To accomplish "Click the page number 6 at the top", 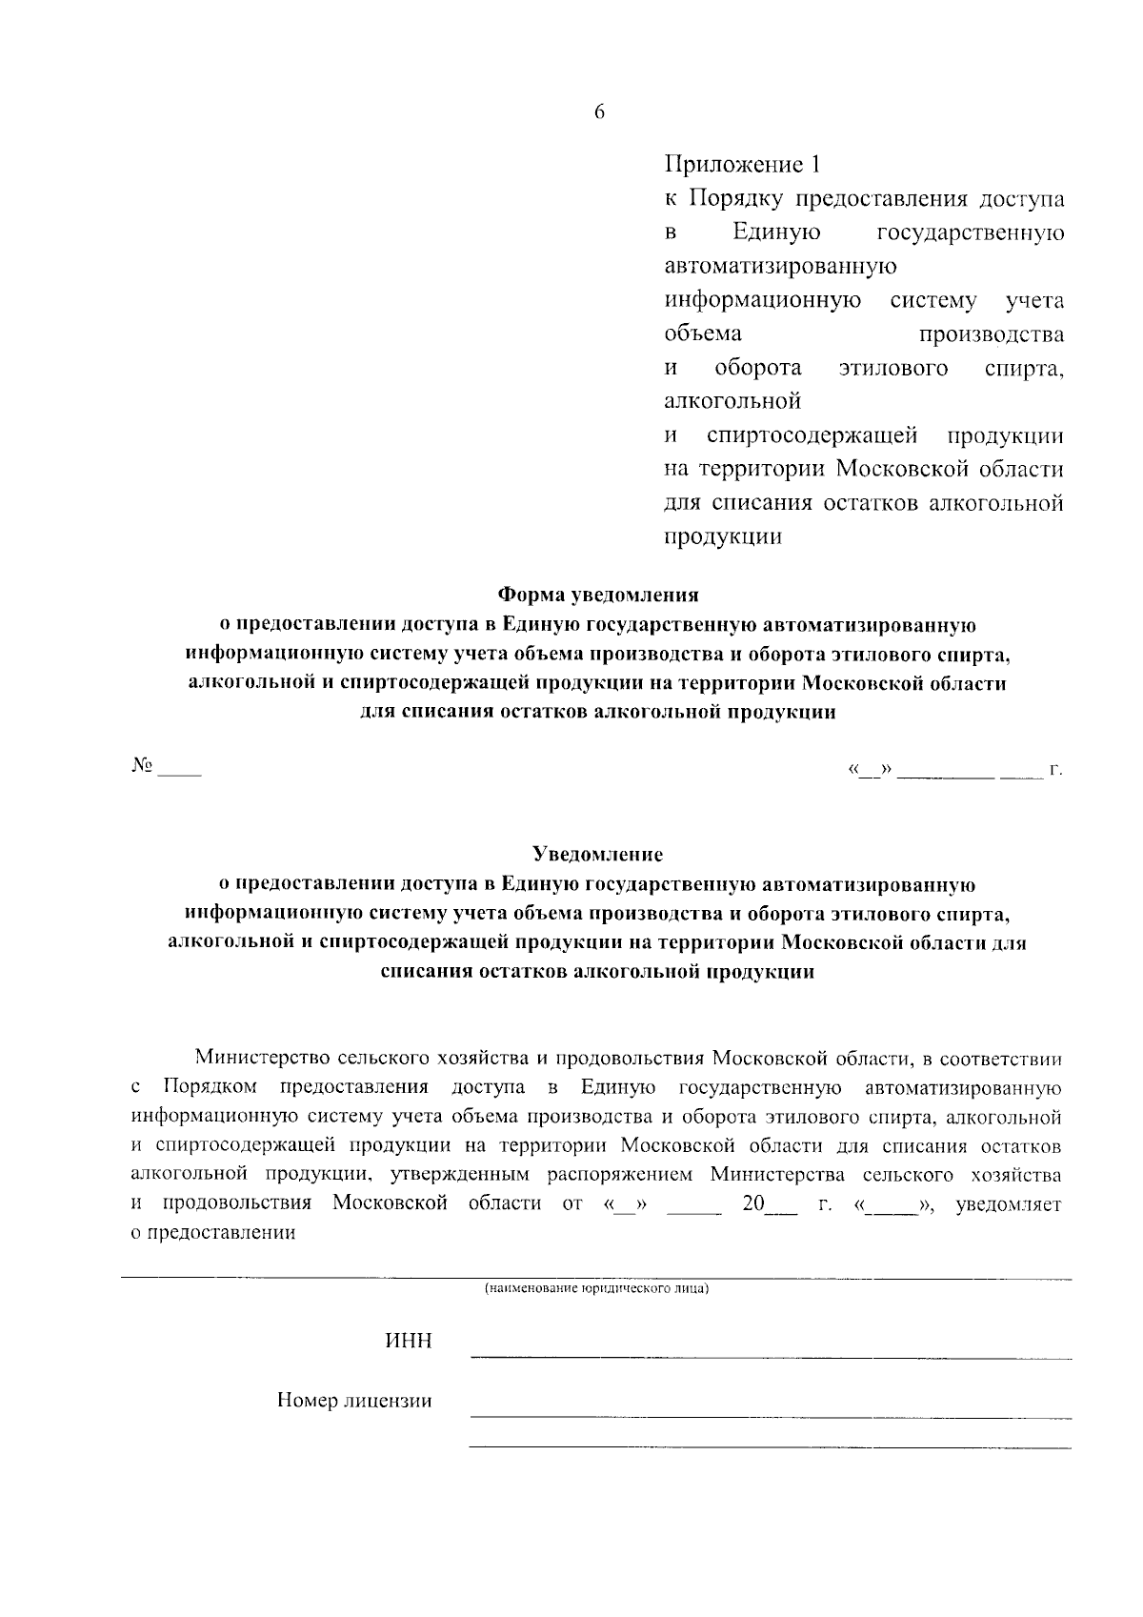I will [599, 112].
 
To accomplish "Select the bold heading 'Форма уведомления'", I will [598, 596].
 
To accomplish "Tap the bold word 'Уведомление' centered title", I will [597, 854].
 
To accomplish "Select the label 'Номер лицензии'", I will [353, 1401].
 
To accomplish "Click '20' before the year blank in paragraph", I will [753, 1203].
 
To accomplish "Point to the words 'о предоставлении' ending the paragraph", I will [212, 1232].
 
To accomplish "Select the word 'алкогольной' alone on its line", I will [732, 401].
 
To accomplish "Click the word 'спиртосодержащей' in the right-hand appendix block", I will [812, 435].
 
